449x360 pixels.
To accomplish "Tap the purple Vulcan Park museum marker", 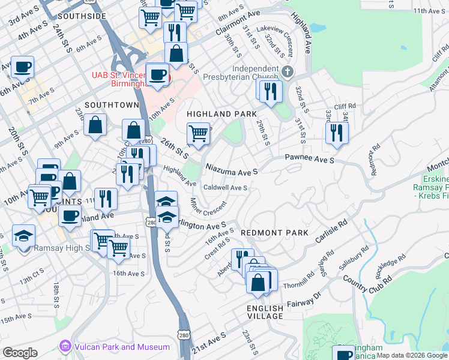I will pos(65,347).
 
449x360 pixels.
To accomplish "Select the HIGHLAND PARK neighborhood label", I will pos(221,114).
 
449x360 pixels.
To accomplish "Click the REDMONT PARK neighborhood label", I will pos(274,232).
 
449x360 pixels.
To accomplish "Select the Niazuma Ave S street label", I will pos(231,171).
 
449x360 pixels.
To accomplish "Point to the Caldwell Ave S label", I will pos(226,188).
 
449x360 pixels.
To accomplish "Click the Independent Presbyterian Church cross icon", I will pos(288,73).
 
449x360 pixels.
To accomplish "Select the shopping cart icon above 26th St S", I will pos(197,133).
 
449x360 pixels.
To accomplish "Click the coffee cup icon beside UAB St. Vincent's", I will pos(157,74).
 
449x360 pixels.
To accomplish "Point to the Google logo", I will pos(20,353).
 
